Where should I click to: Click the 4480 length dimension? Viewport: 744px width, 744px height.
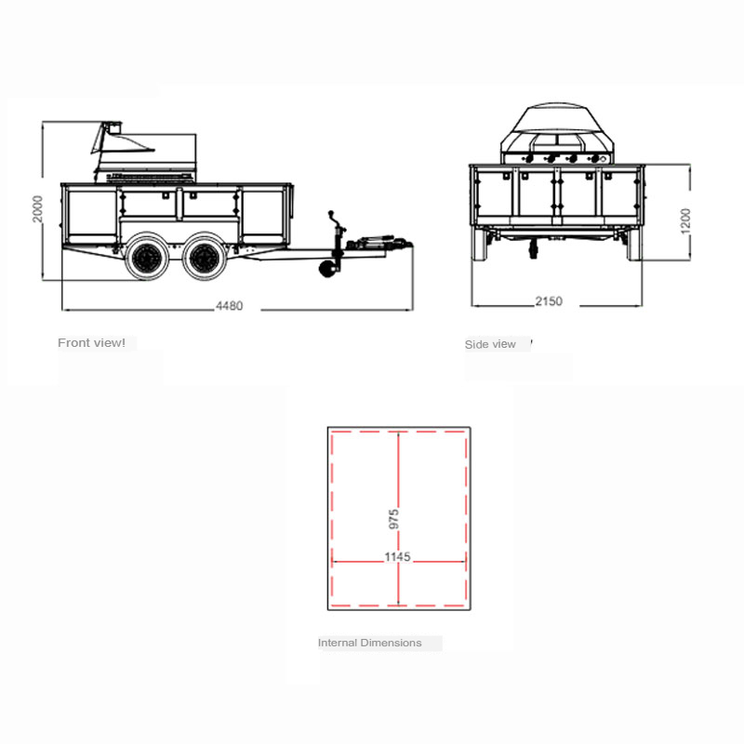(x=229, y=306)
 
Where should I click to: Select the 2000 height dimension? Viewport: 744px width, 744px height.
(x=37, y=208)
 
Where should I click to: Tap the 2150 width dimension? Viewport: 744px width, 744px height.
(x=549, y=301)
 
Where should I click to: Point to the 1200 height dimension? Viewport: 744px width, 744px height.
(x=685, y=221)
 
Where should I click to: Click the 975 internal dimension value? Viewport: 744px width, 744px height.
(x=393, y=520)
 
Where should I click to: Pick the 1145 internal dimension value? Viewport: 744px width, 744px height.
(x=397, y=556)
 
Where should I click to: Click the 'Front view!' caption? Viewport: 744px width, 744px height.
(x=91, y=342)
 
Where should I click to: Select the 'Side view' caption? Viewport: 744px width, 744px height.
(x=490, y=344)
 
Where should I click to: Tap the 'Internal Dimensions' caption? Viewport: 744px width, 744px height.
(x=369, y=643)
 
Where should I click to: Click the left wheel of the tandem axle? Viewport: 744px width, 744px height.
(x=147, y=257)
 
